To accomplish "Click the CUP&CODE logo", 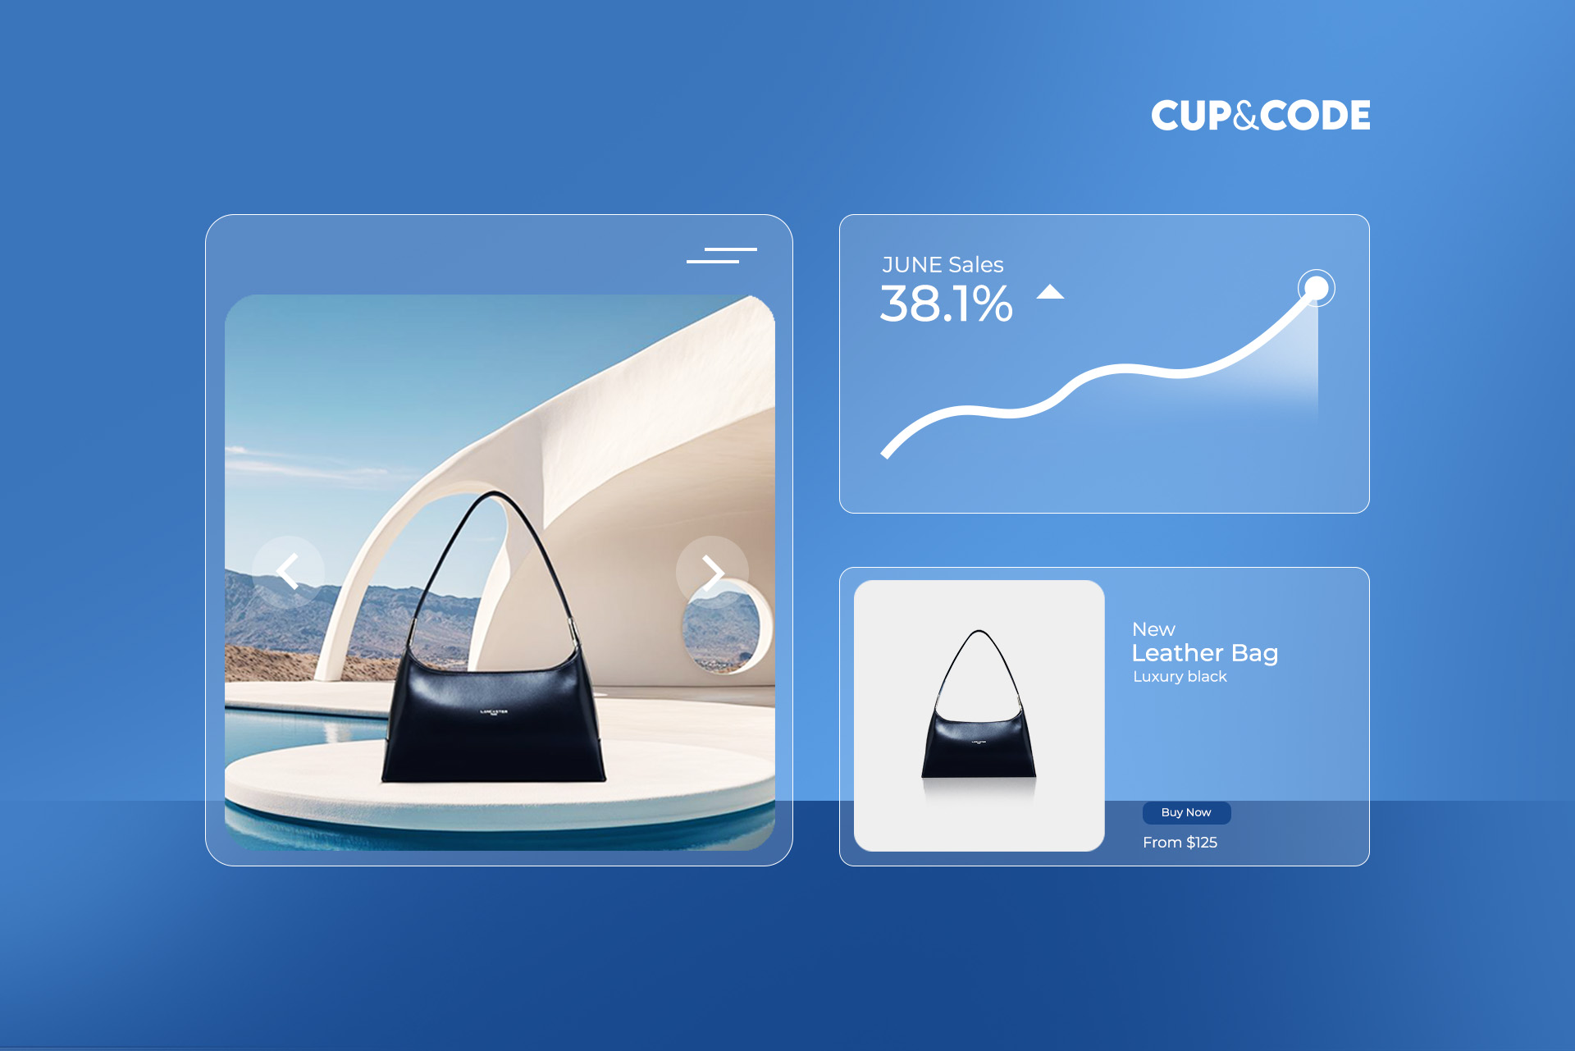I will (1260, 116).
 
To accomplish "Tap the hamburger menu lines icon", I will (721, 255).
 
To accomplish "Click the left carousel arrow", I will (288, 572).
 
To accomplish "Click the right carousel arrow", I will (712, 572).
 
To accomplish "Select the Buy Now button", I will (1186, 812).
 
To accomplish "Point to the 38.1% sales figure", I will (946, 304).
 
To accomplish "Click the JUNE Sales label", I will (943, 265).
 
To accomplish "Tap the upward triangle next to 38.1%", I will (1050, 292).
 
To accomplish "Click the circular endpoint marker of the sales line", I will (1316, 288).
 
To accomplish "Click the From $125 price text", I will (1180, 843).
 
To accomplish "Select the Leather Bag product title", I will (1204, 653).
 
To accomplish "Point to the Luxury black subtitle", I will (1180, 677).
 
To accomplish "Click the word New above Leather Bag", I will (1153, 629).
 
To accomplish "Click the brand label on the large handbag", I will (494, 712).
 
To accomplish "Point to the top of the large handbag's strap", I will (495, 494).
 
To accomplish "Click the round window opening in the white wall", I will (722, 628).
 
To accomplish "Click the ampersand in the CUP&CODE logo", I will (1245, 116).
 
